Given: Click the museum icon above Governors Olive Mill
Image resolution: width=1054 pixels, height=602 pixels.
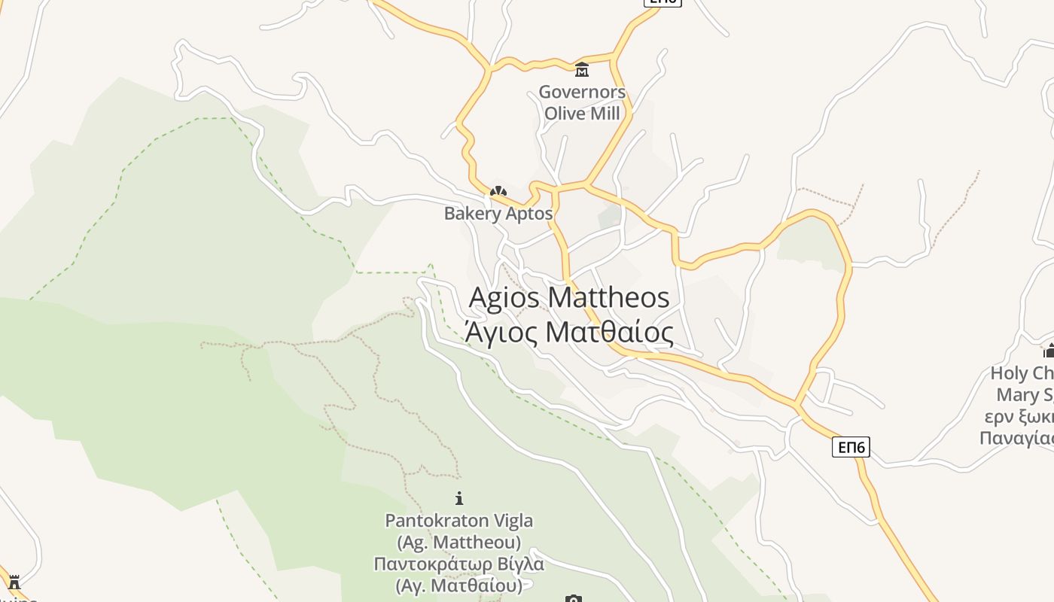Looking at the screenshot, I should coord(581,70).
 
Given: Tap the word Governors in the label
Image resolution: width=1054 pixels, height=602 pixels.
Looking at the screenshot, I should coord(582,93).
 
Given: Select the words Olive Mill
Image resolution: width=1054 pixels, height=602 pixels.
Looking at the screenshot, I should coord(582,114).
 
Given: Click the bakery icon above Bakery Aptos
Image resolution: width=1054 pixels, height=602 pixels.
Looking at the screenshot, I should coord(498,192).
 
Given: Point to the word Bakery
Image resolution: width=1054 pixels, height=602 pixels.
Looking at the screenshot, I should coord(472,214).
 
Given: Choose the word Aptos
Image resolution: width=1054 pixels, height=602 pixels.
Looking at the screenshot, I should coord(529,214).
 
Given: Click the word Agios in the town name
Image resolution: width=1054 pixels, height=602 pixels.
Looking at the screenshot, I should coord(504,297).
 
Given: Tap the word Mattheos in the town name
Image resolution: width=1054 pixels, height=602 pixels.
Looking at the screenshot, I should coord(608,297).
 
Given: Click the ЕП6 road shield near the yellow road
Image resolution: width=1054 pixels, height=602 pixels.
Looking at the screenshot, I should coord(851,447).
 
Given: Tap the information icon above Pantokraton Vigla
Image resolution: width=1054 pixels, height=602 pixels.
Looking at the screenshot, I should coord(459,498).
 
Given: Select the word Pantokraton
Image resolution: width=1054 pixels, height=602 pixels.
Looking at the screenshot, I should coord(437,521).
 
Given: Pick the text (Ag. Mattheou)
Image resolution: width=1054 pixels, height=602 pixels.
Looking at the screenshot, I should coord(459,542).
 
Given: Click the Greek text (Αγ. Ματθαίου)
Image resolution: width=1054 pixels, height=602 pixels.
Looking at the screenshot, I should coord(459,585).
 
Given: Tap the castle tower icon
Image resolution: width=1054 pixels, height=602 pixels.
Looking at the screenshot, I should coord(14,582).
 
